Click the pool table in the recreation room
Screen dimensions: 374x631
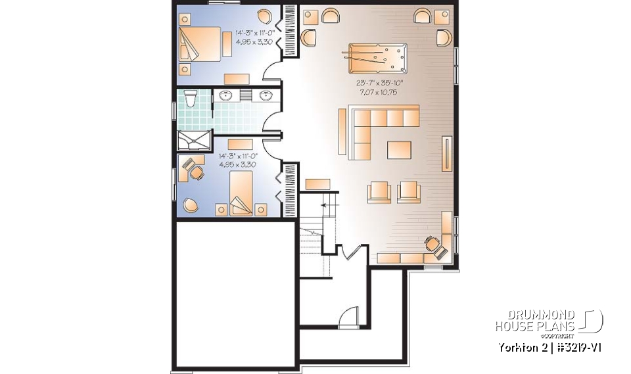point(378,60)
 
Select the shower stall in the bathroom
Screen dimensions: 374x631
point(195,139)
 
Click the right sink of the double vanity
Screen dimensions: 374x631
point(267,96)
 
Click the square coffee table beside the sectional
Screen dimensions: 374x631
point(399,150)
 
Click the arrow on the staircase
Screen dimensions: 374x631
point(323,206)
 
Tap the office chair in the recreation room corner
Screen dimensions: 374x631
point(432,243)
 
